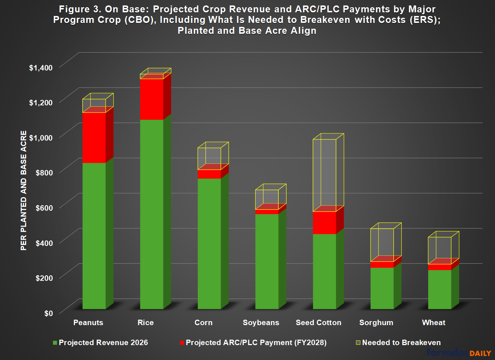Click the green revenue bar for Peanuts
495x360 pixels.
coord(94,236)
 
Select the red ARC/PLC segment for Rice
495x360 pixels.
coord(152,99)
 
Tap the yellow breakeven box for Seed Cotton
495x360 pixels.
coord(324,174)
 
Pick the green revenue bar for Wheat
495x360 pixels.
coord(439,290)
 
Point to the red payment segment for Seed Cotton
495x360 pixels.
coord(324,223)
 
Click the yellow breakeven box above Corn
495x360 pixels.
coord(209,158)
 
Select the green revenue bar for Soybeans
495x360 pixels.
coord(267,262)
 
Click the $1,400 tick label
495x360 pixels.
coord(41,68)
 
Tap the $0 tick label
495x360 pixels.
coord(48,313)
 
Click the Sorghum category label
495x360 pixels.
coord(376,323)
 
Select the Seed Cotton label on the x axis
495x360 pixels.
coord(318,323)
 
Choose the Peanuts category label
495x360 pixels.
coord(88,323)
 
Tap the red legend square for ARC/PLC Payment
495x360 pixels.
coord(182,343)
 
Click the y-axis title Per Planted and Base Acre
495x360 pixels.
coord(24,190)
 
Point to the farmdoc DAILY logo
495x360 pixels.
coord(459,352)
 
